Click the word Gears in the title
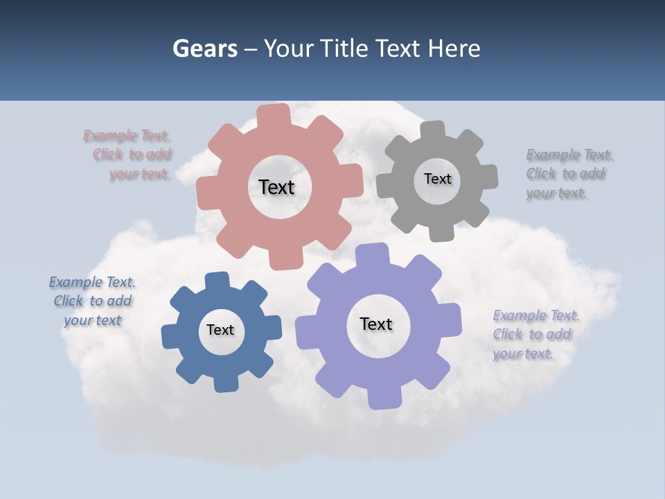click(x=204, y=49)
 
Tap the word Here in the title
click(x=454, y=49)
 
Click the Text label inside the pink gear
click(x=277, y=187)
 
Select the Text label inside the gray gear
click(x=437, y=179)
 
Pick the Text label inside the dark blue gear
click(x=220, y=330)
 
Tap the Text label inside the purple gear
click(x=376, y=324)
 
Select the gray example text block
click(x=569, y=174)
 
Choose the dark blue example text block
click(x=92, y=301)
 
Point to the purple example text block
click(x=535, y=335)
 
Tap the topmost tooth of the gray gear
click(x=433, y=130)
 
